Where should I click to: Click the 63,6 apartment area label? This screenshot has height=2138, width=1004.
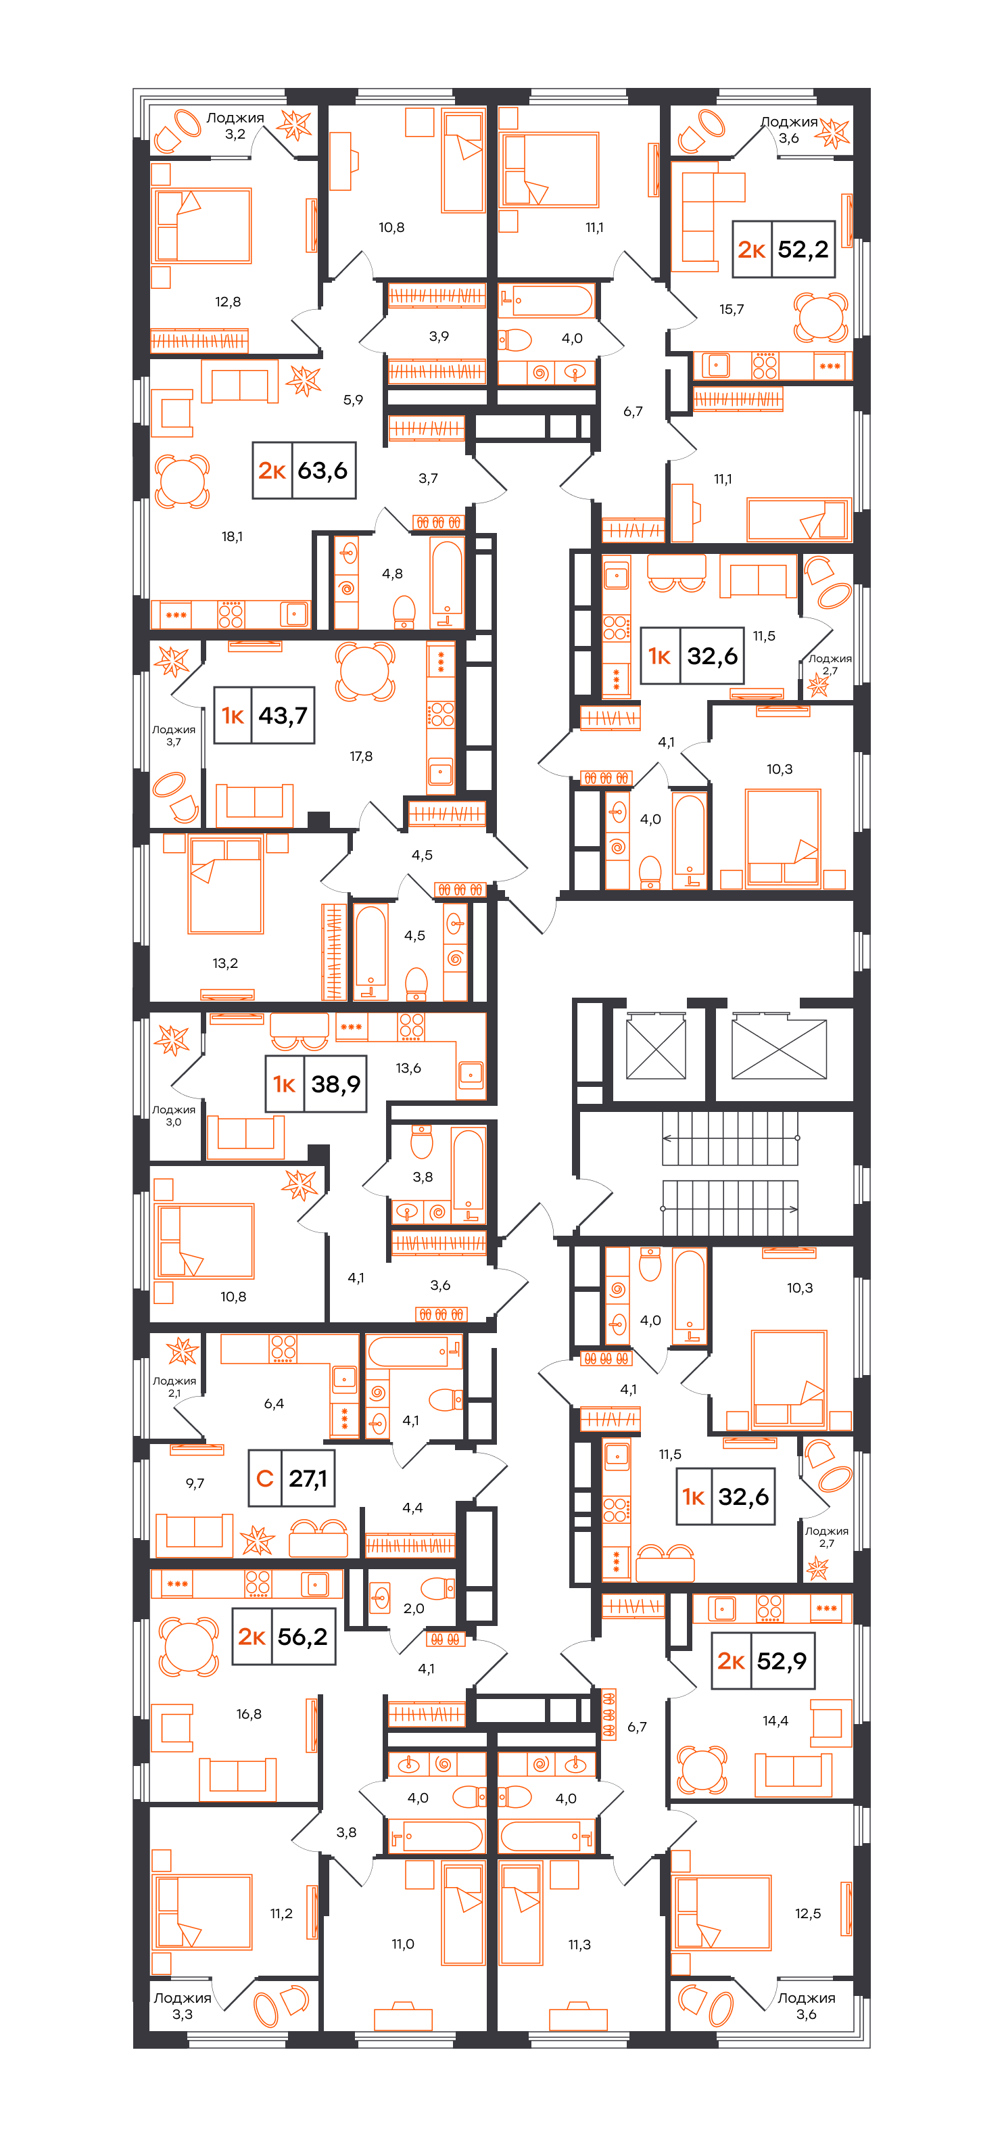pos(304,471)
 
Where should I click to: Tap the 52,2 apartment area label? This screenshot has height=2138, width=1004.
pos(784,249)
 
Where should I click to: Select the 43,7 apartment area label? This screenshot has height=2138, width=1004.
pos(264,716)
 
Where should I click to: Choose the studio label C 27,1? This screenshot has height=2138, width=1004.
pos(291,1478)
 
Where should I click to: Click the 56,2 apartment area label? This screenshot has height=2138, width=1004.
pos(284,1636)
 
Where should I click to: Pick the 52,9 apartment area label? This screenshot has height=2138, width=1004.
pos(763,1660)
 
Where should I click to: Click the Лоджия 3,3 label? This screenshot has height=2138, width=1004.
pos(183,2006)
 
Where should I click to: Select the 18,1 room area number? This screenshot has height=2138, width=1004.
pos(233,537)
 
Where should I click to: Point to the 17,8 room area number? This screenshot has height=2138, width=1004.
pos(361,756)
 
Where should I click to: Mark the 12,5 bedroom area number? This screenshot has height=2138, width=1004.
pos(807,1913)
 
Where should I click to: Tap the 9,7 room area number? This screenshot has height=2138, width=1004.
pos(195,1483)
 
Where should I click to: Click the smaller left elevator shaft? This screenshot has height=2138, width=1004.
pos(656,1049)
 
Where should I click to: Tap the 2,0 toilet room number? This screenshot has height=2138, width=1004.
pos(414,1608)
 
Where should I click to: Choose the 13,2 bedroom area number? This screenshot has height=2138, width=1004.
pos(225,962)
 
